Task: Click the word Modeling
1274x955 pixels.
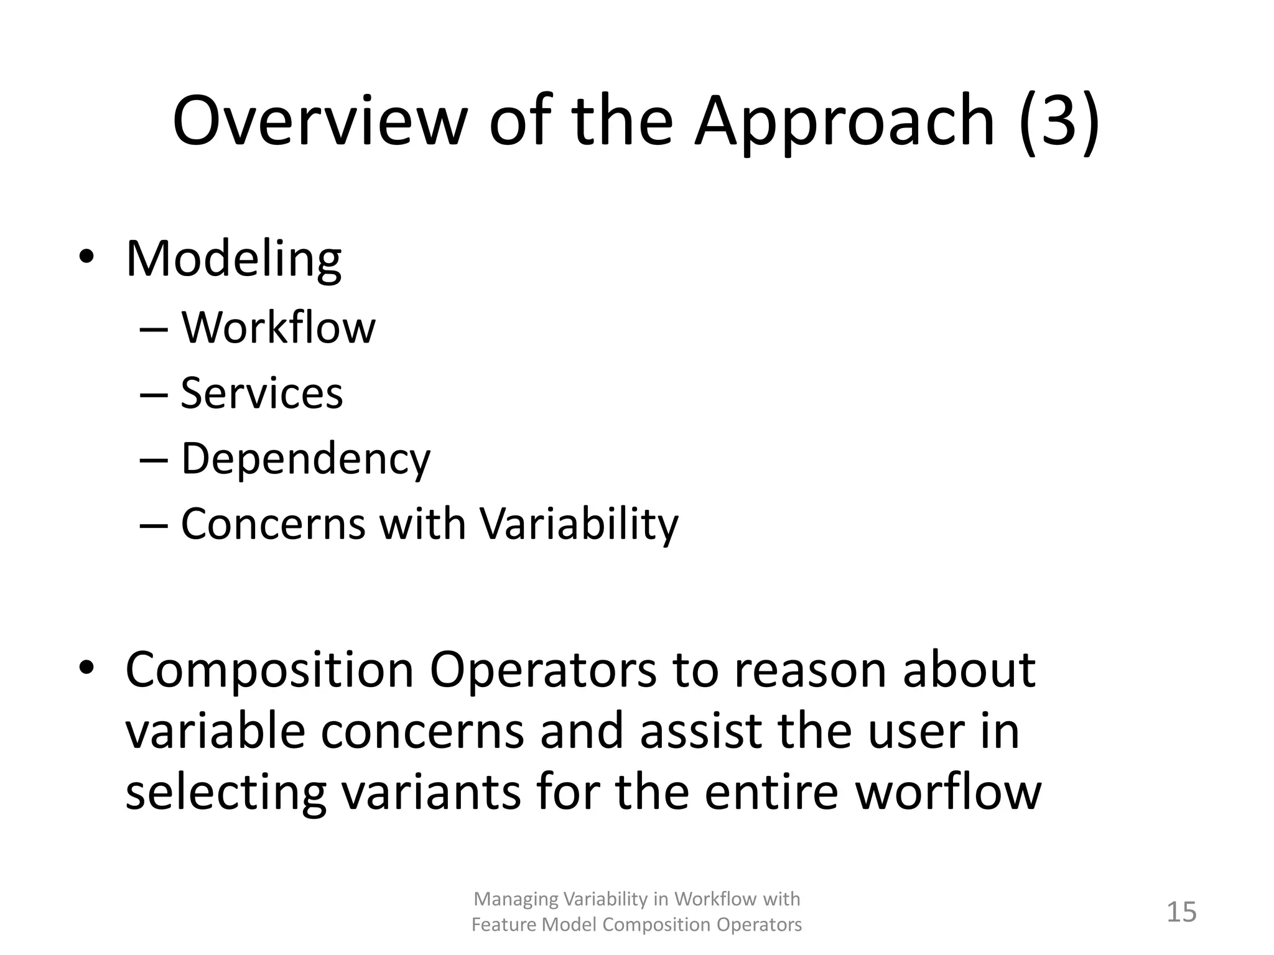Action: [233, 259]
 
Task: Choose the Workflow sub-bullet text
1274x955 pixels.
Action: [278, 328]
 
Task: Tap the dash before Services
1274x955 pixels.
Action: [154, 395]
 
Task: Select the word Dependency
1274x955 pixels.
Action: [305, 460]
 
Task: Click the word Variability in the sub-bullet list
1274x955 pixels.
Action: [579, 524]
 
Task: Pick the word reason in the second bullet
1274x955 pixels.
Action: [810, 670]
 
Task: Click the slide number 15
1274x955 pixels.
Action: [1181, 912]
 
